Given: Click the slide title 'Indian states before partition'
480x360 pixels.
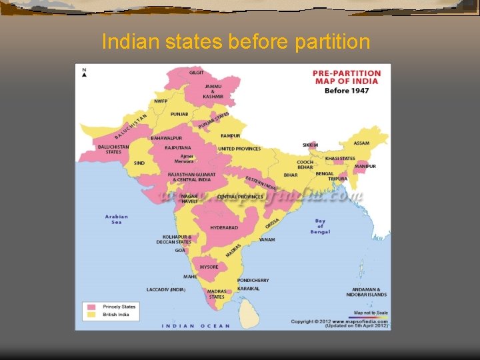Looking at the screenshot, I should tap(235, 42).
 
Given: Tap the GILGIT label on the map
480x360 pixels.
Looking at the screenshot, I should tap(197, 72).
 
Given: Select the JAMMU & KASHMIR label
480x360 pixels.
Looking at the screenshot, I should tap(214, 91).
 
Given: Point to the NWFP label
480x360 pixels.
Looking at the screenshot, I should tap(161, 101).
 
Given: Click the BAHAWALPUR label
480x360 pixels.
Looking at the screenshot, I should tap(166, 138).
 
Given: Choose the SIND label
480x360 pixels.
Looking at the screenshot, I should tap(139, 163).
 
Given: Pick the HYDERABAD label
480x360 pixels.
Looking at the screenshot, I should tap(225, 228).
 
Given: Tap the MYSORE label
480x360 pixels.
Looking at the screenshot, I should tap(209, 267).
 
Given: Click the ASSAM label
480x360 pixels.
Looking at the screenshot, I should tap(361, 143).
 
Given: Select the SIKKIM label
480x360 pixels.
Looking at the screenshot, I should tap(311, 145).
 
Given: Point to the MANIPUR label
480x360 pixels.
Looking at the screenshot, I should tap(365, 166).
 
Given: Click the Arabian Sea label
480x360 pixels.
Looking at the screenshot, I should tap(117, 219).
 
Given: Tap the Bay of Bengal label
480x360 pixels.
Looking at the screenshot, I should tap(320, 226).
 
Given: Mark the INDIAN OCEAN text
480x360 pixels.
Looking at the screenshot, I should tap(196, 326).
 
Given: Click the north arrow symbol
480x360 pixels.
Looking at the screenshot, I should tap(84, 73).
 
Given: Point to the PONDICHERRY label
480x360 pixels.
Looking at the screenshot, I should tap(253, 280).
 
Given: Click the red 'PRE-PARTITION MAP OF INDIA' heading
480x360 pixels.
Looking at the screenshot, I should tap(347, 77).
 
